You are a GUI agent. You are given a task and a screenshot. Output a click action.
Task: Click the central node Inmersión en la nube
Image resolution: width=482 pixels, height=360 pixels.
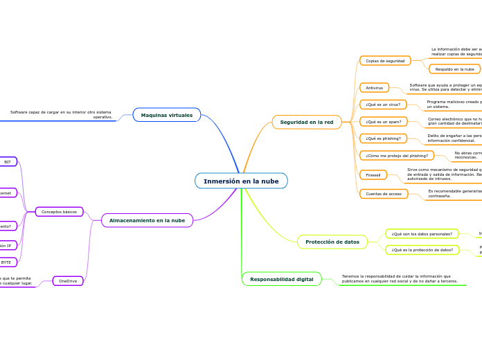pyautogui.click(x=241, y=181)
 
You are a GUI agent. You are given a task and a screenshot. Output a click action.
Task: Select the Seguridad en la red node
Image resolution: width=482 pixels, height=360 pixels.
pyautogui.click(x=307, y=122)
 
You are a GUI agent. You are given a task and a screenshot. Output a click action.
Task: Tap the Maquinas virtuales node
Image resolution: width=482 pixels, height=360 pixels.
pyautogui.click(x=167, y=115)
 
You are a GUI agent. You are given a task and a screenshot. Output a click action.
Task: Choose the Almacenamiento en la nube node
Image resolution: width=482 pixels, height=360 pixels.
pyautogui.click(x=147, y=220)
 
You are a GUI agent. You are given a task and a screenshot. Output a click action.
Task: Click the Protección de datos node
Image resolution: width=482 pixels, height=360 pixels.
pyautogui.click(x=332, y=242)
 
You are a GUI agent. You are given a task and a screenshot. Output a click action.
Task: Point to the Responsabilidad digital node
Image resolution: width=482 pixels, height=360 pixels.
pyautogui.click(x=282, y=279)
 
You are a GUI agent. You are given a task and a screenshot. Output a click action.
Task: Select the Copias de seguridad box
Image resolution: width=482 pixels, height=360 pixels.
pyautogui.click(x=385, y=61)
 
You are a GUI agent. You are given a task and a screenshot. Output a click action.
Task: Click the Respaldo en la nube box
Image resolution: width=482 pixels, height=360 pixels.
pyautogui.click(x=454, y=69)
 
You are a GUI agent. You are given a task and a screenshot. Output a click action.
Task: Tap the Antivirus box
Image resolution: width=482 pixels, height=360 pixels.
pyautogui.click(x=374, y=88)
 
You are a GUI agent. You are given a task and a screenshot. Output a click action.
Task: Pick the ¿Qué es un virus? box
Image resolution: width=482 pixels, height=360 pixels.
pyautogui.click(x=383, y=105)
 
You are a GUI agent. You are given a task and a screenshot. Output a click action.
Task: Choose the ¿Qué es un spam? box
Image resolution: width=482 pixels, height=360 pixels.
pyautogui.click(x=382, y=122)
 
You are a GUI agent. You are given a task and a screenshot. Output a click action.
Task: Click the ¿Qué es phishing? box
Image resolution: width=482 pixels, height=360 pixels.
pyautogui.click(x=383, y=138)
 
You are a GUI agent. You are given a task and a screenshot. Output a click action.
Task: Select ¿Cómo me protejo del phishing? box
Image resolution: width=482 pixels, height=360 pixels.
pyautogui.click(x=397, y=156)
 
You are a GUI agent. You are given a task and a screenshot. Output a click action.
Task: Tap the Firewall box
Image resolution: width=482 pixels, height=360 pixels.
pyautogui.click(x=373, y=174)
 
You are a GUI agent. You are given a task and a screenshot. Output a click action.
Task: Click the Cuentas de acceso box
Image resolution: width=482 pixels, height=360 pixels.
pyautogui.click(x=384, y=194)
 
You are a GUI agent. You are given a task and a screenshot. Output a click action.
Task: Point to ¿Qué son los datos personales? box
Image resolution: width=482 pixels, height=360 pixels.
pyautogui.click(x=422, y=234)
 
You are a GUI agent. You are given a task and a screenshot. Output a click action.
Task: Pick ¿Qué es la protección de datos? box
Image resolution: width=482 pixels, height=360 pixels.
pyautogui.click(x=422, y=250)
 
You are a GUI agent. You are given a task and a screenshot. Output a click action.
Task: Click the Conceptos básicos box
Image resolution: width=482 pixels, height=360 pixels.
pyautogui.click(x=60, y=212)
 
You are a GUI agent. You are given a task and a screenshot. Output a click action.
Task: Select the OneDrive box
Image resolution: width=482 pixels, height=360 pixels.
pyautogui.click(x=68, y=281)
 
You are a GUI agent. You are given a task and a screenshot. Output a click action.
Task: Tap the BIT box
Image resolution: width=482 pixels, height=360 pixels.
pyautogui.click(x=8, y=162)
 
